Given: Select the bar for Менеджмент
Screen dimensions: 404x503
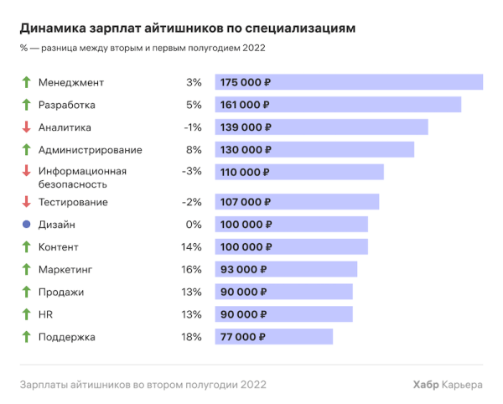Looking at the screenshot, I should (349, 82).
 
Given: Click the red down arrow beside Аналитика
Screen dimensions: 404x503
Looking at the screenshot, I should (26, 127).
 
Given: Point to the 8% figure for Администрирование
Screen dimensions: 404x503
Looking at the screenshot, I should (194, 150).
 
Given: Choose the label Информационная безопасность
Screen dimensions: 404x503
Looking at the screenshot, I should (82, 178).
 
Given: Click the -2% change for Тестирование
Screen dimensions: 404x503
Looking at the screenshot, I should (192, 202).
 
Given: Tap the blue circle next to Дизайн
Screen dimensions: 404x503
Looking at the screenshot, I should (26, 225).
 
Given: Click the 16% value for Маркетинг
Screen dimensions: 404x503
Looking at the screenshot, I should (191, 270).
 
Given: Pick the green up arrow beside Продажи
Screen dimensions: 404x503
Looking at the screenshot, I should (26, 292).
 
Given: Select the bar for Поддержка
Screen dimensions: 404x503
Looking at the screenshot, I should (273, 337).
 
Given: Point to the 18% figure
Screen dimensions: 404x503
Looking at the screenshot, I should (191, 337).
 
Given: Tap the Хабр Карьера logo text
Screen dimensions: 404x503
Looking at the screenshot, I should (448, 385).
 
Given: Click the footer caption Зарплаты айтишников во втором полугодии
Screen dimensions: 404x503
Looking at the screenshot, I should (143, 385).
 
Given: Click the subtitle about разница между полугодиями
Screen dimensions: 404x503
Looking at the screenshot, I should (142, 48).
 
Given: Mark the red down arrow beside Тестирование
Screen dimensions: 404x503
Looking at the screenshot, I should (26, 202).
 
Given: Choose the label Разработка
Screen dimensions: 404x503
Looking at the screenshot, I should (67, 105).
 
